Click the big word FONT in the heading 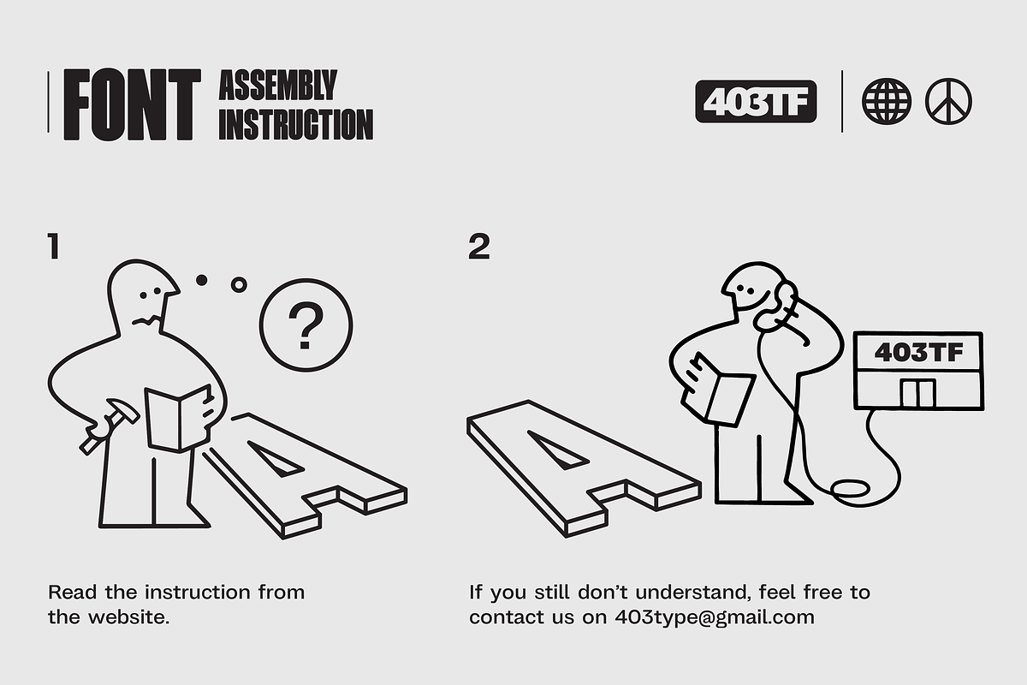[132, 104]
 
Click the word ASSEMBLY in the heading [278, 85]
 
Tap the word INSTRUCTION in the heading [296, 124]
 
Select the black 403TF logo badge [756, 101]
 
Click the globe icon [887, 101]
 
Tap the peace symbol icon [948, 101]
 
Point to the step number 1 [54, 247]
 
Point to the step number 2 [479, 247]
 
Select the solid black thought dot [201, 280]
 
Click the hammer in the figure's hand [110, 426]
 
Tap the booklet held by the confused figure [179, 419]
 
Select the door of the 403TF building [917, 393]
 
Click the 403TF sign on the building [919, 353]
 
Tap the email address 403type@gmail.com [715, 617]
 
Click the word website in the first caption [129, 617]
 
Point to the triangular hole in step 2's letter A [557, 450]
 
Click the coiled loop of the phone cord [851, 488]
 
